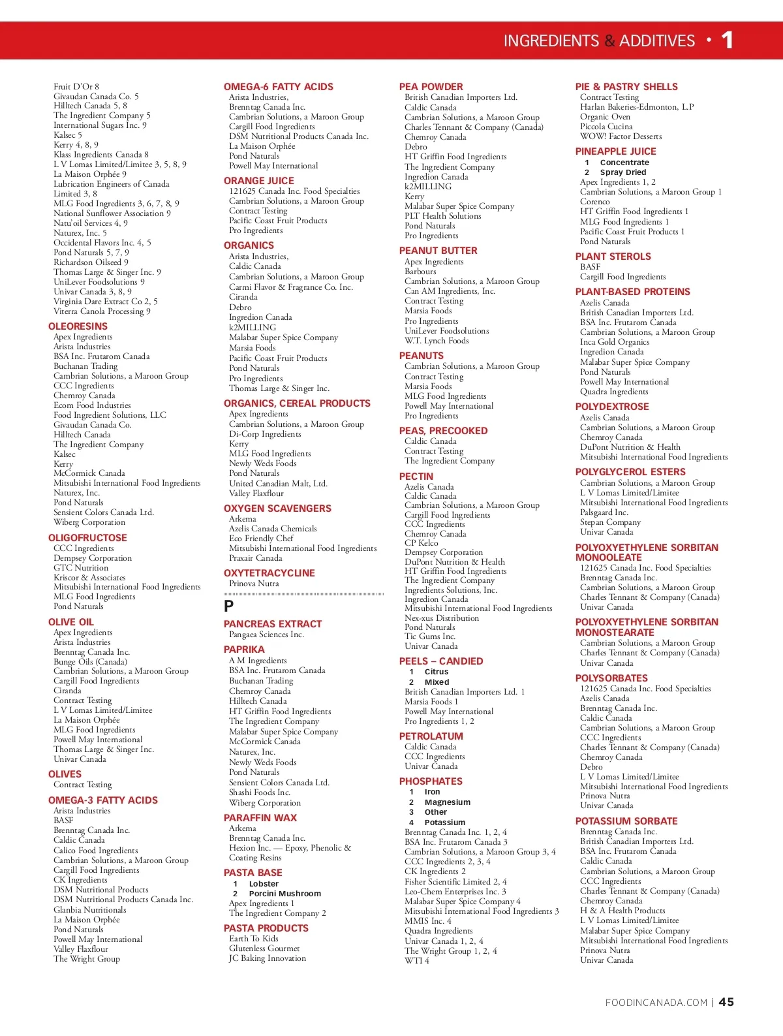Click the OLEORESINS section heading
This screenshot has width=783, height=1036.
[78, 326]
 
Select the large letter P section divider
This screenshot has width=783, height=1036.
[229, 606]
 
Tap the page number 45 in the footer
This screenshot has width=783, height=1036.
[726, 1002]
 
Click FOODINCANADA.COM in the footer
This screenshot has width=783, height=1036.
[656, 1003]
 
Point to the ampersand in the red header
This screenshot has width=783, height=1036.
[609, 41]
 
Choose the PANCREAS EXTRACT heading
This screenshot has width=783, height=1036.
[273, 624]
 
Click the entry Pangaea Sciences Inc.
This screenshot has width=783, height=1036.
[266, 635]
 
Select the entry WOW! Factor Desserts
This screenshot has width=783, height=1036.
[621, 136]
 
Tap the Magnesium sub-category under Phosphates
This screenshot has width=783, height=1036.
[447, 802]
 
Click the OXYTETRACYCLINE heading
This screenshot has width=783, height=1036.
[269, 573]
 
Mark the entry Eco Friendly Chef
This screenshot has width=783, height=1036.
[261, 539]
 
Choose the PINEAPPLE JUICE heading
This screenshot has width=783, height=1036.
[615, 151]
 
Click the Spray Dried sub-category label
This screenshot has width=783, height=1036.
[622, 172]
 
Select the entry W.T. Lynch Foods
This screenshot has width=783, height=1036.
[437, 341]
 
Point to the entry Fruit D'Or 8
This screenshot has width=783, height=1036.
[76, 86]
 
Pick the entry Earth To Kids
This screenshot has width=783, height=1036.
[253, 939]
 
